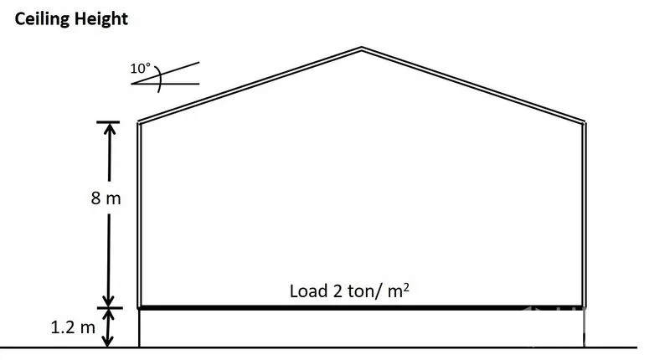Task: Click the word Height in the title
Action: tap(101, 18)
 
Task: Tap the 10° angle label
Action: tap(140, 69)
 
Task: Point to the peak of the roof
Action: tap(361, 49)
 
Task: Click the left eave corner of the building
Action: tap(138, 122)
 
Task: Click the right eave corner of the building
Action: tap(584, 122)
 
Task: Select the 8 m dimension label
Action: tap(106, 199)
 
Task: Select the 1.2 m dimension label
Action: tap(74, 327)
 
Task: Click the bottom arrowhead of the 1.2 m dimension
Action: tap(108, 341)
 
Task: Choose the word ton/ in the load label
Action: tap(362, 291)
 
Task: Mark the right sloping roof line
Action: tap(472, 85)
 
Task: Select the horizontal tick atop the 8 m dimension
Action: tap(108, 122)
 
